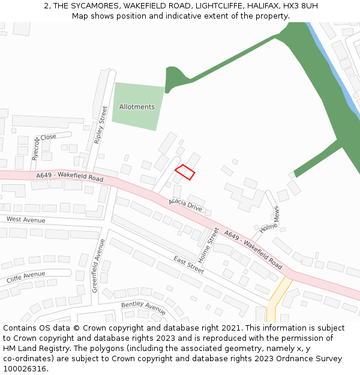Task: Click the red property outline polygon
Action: tap(185, 172)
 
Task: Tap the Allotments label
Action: tap(137, 107)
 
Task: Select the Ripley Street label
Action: tap(100, 125)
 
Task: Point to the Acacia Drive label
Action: tap(185, 204)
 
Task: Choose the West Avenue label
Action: tap(26, 220)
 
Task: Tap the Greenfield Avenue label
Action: tap(98, 266)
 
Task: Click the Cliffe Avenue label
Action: tap(26, 277)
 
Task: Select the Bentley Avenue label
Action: tap(143, 308)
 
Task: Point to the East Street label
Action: tap(189, 264)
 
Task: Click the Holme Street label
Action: tap(209, 245)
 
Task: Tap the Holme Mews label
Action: tap(269, 221)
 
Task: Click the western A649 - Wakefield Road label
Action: tap(69, 177)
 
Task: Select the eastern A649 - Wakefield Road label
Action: tap(253, 249)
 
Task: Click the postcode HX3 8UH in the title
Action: tap(301, 6)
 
